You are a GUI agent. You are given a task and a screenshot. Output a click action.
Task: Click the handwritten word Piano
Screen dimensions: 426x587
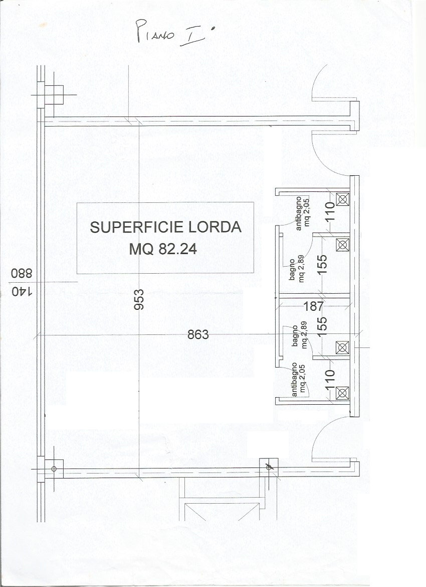tap(155, 32)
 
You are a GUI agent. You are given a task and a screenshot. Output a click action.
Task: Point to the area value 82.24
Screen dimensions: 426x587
tap(177, 249)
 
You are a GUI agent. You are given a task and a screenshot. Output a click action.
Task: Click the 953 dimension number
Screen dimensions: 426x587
tap(139, 299)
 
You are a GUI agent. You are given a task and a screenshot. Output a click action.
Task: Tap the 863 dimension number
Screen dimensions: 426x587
tap(198, 334)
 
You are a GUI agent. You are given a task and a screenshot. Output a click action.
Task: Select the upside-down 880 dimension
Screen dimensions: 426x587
tap(22, 273)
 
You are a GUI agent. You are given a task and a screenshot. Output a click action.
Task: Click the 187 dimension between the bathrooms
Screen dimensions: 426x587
tap(313, 306)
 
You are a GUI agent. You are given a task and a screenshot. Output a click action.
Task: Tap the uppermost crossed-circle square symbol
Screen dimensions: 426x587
tap(342, 199)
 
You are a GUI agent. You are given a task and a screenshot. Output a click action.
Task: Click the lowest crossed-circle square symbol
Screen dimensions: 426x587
tap(342, 393)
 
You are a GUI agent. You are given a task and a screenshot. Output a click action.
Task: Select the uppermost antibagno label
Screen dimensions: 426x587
tap(302, 213)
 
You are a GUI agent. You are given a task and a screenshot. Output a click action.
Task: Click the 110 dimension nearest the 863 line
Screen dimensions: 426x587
tap(329, 379)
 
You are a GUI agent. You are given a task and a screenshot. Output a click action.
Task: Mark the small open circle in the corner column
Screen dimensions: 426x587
tap(54, 468)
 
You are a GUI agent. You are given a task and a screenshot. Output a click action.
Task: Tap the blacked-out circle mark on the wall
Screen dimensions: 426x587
tap(269, 467)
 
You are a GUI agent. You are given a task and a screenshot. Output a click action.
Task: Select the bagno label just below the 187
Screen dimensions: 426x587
tap(299, 336)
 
